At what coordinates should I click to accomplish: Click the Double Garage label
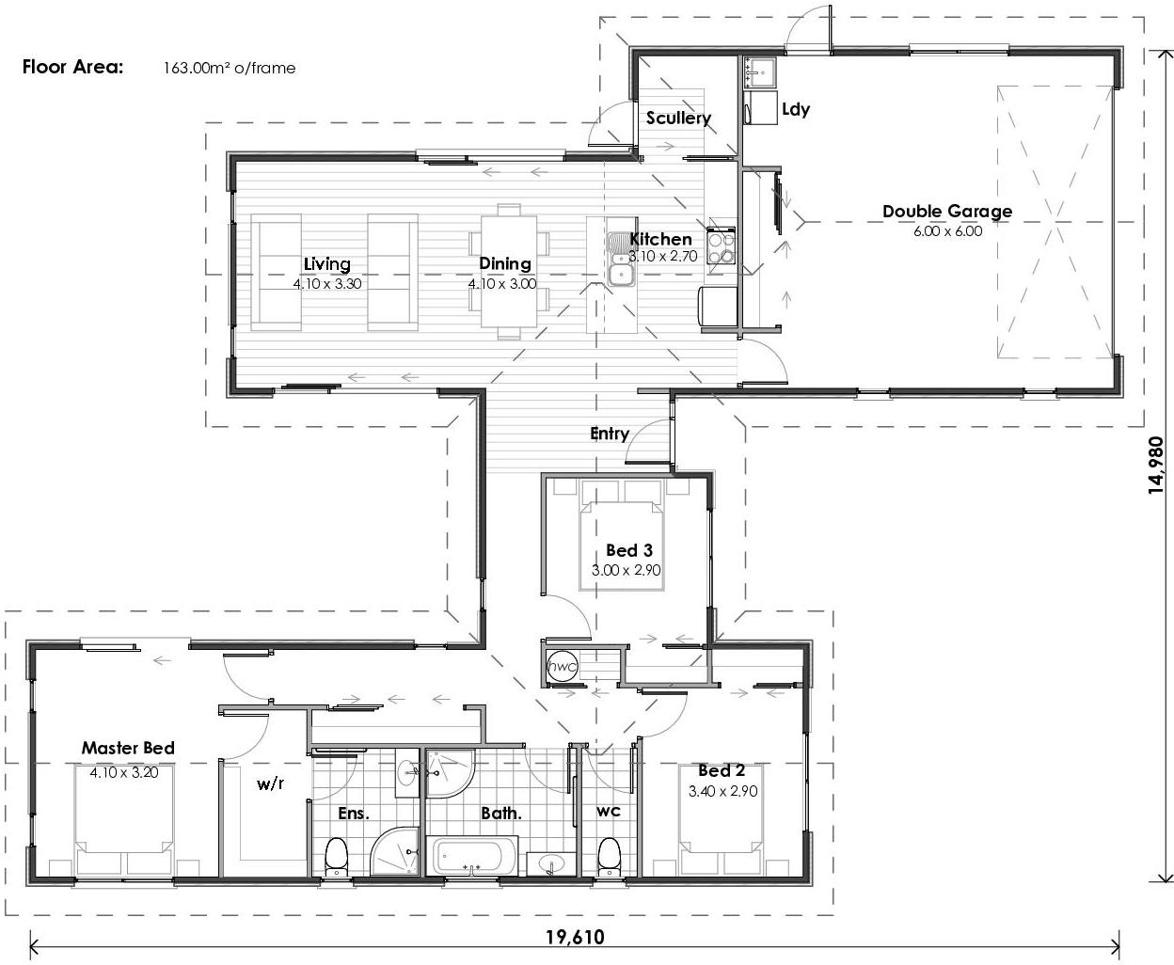pyautogui.click(x=946, y=212)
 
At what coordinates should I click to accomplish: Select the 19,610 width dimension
pyautogui.click(x=575, y=937)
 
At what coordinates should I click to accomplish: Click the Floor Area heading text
pyautogui.click(x=72, y=67)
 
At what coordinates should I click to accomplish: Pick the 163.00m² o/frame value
pyautogui.click(x=229, y=68)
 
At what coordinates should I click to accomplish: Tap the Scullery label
pyautogui.click(x=678, y=119)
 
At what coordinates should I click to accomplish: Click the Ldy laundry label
pyautogui.click(x=795, y=109)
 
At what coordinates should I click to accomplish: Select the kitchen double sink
pyautogui.click(x=621, y=260)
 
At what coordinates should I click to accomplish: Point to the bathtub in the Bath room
pyautogui.click(x=471, y=857)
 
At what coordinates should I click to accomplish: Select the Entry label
pyautogui.click(x=610, y=434)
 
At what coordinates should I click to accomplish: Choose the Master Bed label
pyautogui.click(x=128, y=749)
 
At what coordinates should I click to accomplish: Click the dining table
pyautogui.click(x=508, y=272)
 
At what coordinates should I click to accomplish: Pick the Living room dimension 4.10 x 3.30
pyautogui.click(x=326, y=283)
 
